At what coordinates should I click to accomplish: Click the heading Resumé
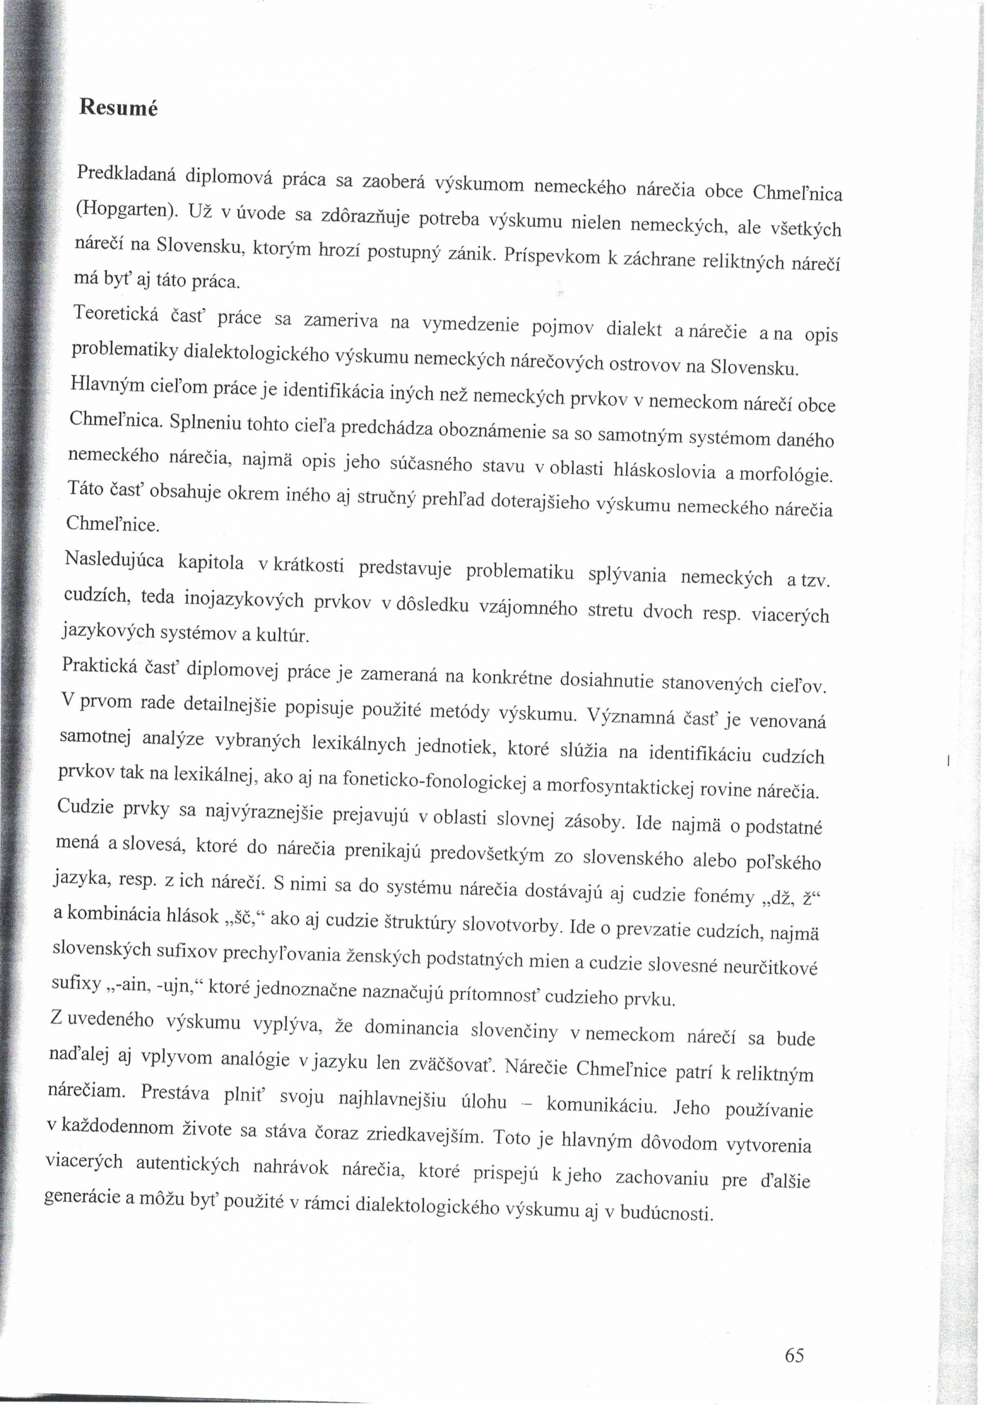tap(118, 108)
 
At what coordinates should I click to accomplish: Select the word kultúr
tap(283, 636)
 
